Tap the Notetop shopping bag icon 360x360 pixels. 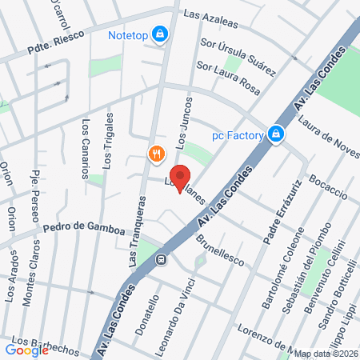point(161,34)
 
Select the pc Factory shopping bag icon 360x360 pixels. point(276,134)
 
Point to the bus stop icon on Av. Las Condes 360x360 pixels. point(161,259)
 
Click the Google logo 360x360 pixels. point(27,349)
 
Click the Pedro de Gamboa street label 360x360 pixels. point(85,230)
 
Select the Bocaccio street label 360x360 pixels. point(327,186)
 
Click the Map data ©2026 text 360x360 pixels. point(325,353)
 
